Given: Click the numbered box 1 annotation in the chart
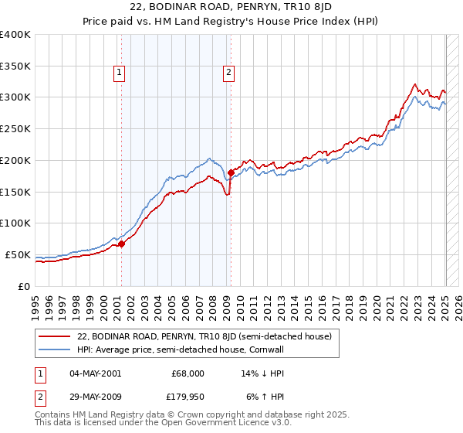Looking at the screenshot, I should [120, 73].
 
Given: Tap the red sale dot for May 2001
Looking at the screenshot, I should [121, 244].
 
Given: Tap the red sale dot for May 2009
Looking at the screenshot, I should [231, 172].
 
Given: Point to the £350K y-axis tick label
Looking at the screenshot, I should [15, 66].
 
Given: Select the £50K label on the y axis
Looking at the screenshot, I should [19, 254].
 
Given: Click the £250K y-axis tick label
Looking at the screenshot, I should [15, 129].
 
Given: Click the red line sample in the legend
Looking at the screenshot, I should [54, 337].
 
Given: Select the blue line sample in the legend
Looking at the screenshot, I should [54, 350].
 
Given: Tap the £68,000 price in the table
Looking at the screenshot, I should [188, 373].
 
